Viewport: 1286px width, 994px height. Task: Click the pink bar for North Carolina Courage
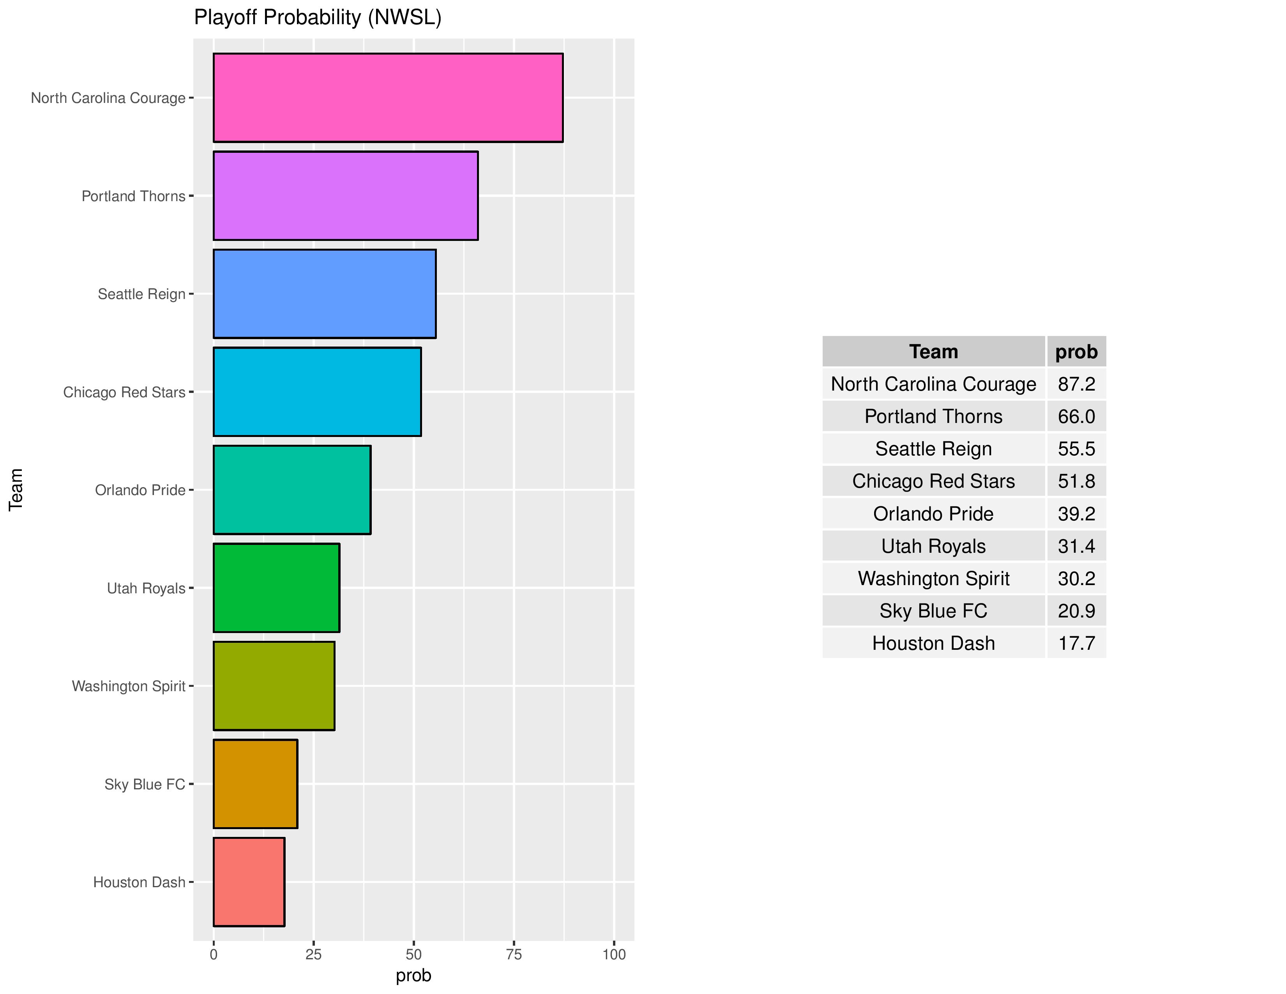[x=387, y=98]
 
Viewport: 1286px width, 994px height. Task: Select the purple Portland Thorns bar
[x=345, y=196]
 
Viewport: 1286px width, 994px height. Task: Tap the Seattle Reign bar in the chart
[x=325, y=294]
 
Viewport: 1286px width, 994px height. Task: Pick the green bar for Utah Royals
[x=276, y=588]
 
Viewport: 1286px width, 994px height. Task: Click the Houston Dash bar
[x=249, y=881]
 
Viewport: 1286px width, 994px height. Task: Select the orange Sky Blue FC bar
[x=255, y=784]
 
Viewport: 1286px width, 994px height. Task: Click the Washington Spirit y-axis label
[x=128, y=686]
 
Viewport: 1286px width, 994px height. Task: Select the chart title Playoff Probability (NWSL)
[x=317, y=18]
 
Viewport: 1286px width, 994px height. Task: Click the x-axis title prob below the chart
[x=413, y=976]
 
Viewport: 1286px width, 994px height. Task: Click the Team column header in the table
[x=933, y=352]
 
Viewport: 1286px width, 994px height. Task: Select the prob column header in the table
[x=1076, y=352]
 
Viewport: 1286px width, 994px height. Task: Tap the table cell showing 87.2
[x=1076, y=384]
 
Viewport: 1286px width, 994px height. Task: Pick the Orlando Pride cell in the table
[x=933, y=513]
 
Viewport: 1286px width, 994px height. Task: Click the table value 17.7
[x=1076, y=643]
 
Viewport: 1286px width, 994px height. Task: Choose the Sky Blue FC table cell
[x=933, y=611]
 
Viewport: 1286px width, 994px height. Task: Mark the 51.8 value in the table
[x=1076, y=481]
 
